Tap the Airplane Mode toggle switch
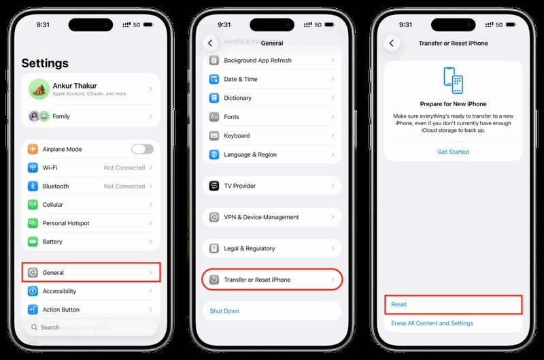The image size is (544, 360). tap(142, 149)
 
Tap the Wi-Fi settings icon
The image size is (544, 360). tap(33, 167)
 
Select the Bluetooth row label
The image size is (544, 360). tap(56, 186)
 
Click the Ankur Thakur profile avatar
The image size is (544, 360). tap(37, 88)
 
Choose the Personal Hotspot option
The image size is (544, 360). tap(66, 223)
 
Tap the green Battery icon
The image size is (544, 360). tap(33, 242)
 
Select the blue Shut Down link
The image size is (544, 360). tap(224, 311)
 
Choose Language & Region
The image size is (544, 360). tap(250, 154)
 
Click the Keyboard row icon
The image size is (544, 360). tap(214, 135)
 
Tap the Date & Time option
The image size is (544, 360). tap(241, 79)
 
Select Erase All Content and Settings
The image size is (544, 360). tap(432, 323)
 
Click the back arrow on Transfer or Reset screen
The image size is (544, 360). tap(392, 43)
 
